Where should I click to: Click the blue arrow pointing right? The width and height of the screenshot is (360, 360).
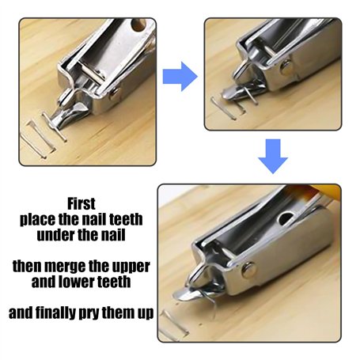[180, 77]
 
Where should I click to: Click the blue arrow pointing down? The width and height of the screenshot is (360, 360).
[273, 156]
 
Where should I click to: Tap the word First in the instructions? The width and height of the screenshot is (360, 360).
[81, 203]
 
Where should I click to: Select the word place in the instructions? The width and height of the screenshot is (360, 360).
[38, 219]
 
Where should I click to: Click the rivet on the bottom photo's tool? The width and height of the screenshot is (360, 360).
[248, 270]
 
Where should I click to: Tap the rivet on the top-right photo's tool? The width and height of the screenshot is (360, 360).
[286, 67]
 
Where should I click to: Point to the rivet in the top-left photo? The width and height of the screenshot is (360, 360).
[114, 93]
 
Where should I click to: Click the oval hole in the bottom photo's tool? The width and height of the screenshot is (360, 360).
[286, 218]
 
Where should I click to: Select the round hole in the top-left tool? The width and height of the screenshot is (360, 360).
[138, 25]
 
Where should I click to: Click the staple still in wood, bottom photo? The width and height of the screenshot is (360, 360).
[173, 324]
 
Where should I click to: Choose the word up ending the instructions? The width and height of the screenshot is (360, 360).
[146, 314]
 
